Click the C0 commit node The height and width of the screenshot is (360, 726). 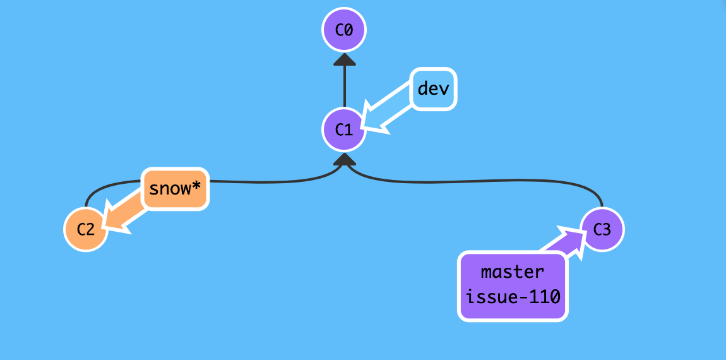click(344, 30)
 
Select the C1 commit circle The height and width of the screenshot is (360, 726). click(344, 129)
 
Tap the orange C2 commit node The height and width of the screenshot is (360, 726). click(86, 229)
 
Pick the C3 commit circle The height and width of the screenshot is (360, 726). click(602, 229)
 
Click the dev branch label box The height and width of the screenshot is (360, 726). click(434, 88)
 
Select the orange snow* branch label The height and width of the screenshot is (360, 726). click(175, 188)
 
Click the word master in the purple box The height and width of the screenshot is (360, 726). click(512, 272)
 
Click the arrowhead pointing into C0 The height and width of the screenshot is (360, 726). click(345, 59)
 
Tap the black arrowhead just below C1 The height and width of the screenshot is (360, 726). click(345, 160)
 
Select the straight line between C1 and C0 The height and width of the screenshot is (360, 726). click(345, 85)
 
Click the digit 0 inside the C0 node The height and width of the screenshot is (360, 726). click(349, 30)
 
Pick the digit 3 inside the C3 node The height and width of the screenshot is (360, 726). click(607, 229)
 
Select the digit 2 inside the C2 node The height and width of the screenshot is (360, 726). click(91, 229)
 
